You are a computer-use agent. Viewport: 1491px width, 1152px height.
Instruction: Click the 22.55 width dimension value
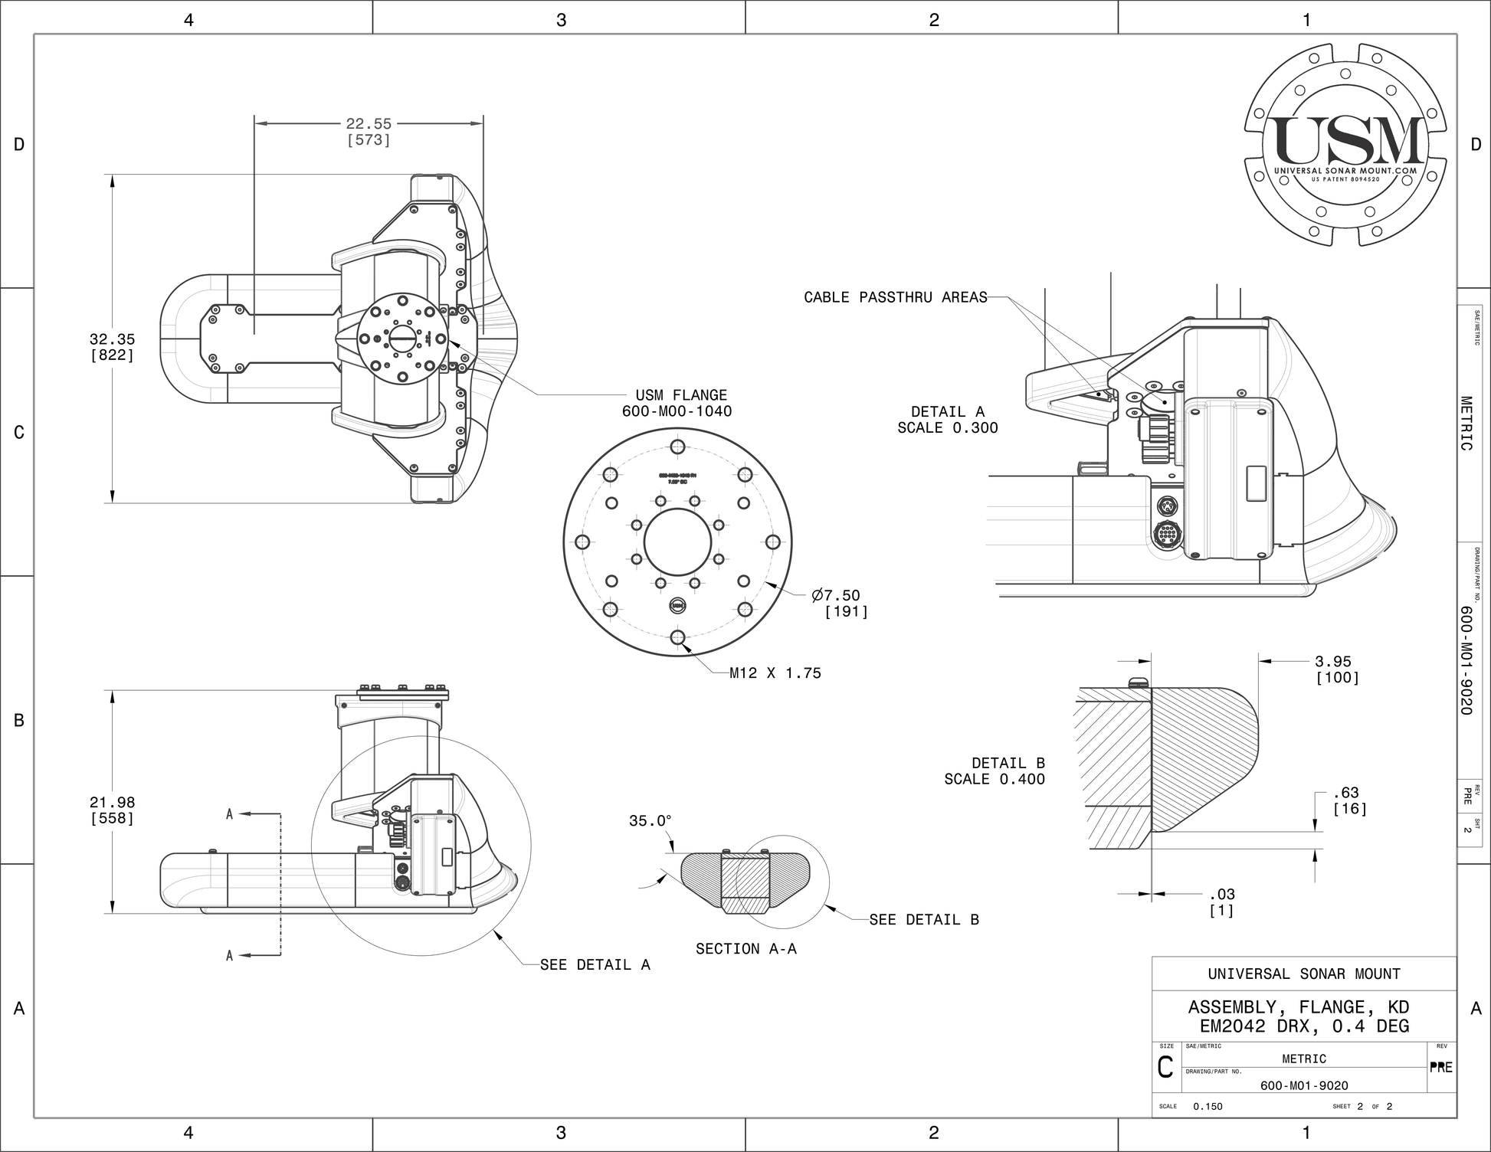pyautogui.click(x=369, y=124)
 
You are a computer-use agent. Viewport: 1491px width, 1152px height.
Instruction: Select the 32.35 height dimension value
pyautogui.click(x=112, y=339)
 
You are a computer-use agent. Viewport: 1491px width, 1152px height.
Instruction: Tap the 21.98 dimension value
pyautogui.click(x=112, y=803)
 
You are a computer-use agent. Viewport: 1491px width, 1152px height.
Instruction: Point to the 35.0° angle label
pyautogui.click(x=650, y=821)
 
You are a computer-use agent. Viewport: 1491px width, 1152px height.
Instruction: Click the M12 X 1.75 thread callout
pyautogui.click(x=775, y=673)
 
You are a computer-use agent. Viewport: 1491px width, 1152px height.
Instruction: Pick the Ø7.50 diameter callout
pyautogui.click(x=836, y=596)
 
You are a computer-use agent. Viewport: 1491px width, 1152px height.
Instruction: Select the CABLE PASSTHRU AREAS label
pyautogui.click(x=895, y=297)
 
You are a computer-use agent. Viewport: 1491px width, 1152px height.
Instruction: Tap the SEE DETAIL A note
pyautogui.click(x=595, y=965)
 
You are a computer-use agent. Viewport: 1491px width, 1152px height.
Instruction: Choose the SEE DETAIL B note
pyautogui.click(x=924, y=920)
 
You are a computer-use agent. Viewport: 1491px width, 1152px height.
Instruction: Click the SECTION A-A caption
pyautogui.click(x=745, y=949)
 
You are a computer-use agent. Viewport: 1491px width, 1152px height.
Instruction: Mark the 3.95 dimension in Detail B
pyautogui.click(x=1333, y=662)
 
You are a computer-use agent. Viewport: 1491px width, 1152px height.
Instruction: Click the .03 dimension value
pyautogui.click(x=1222, y=894)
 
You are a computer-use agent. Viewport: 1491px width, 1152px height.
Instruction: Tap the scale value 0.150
pyautogui.click(x=1208, y=1106)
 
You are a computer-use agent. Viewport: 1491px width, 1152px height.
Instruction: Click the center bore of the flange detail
pyautogui.click(x=677, y=542)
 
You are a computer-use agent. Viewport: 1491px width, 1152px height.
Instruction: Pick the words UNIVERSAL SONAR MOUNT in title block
pyautogui.click(x=1304, y=974)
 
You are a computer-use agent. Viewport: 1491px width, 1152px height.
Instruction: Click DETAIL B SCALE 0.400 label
pyautogui.click(x=995, y=771)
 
